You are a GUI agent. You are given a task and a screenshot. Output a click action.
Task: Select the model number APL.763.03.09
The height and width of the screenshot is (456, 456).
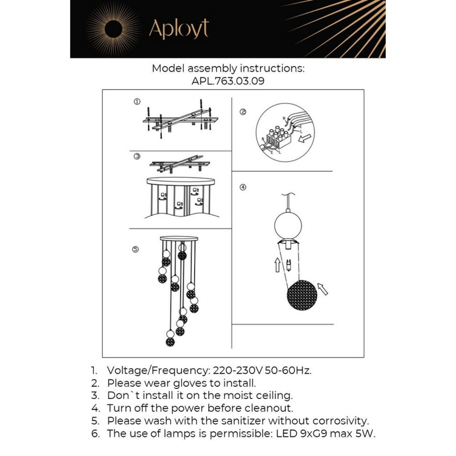[x=228, y=82]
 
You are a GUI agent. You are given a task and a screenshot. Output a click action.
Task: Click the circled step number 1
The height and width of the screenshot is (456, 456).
[x=136, y=101]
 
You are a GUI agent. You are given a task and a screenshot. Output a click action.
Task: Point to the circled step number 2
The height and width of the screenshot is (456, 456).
[x=243, y=112]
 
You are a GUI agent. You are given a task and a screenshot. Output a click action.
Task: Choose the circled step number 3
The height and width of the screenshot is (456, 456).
[x=136, y=156]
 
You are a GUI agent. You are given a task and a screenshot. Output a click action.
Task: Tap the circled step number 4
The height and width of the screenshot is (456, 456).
[x=243, y=187]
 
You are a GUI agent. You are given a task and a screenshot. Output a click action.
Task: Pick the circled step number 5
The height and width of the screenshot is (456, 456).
[x=135, y=249]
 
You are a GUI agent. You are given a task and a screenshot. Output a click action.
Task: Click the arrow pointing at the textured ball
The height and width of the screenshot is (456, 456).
[x=323, y=288]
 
